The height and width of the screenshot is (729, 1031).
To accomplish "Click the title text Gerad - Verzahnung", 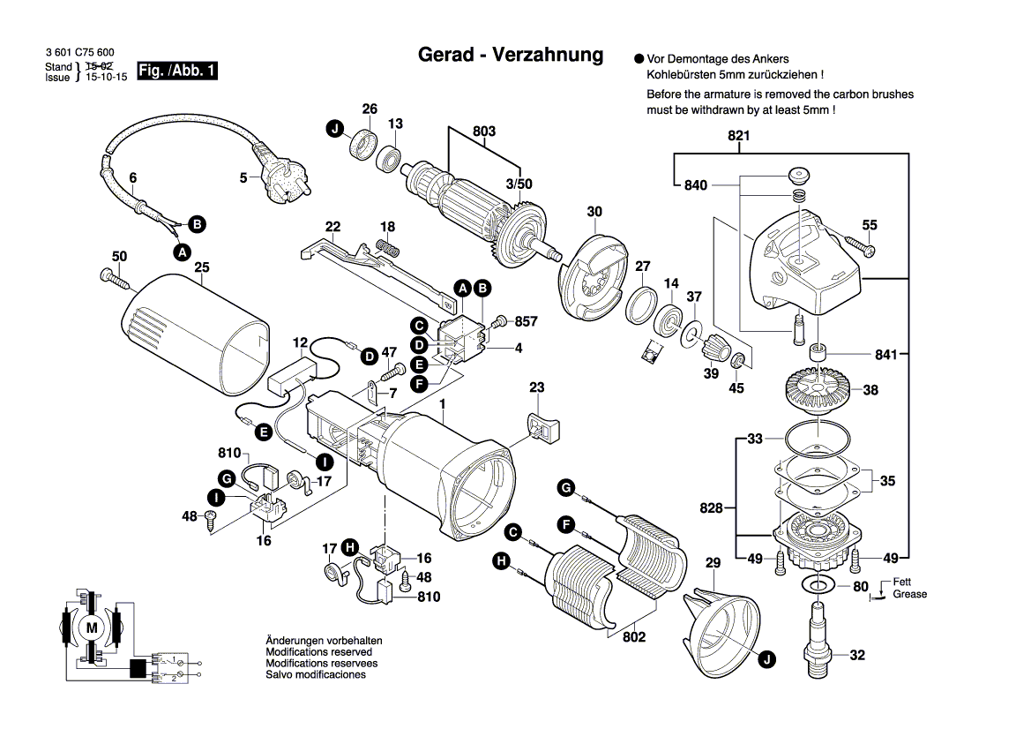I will [x=510, y=55].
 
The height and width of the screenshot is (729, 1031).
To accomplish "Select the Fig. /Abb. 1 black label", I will [x=177, y=71].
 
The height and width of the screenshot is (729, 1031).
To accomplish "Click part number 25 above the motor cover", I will [x=201, y=267].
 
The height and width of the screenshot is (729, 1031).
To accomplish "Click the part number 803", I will [x=483, y=132].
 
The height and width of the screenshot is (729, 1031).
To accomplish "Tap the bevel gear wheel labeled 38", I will [x=819, y=389].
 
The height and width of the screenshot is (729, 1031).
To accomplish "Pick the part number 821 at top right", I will [x=738, y=136].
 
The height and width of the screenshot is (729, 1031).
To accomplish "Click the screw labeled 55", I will [x=858, y=244].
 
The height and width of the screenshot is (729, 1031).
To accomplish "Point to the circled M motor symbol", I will [x=92, y=627].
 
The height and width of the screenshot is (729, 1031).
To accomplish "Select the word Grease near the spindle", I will [x=909, y=594].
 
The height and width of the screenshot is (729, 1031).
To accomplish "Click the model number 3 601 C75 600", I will [x=79, y=54].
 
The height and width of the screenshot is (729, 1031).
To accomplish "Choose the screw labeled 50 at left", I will [x=116, y=279].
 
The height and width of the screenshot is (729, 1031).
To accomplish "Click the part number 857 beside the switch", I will [x=526, y=321].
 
